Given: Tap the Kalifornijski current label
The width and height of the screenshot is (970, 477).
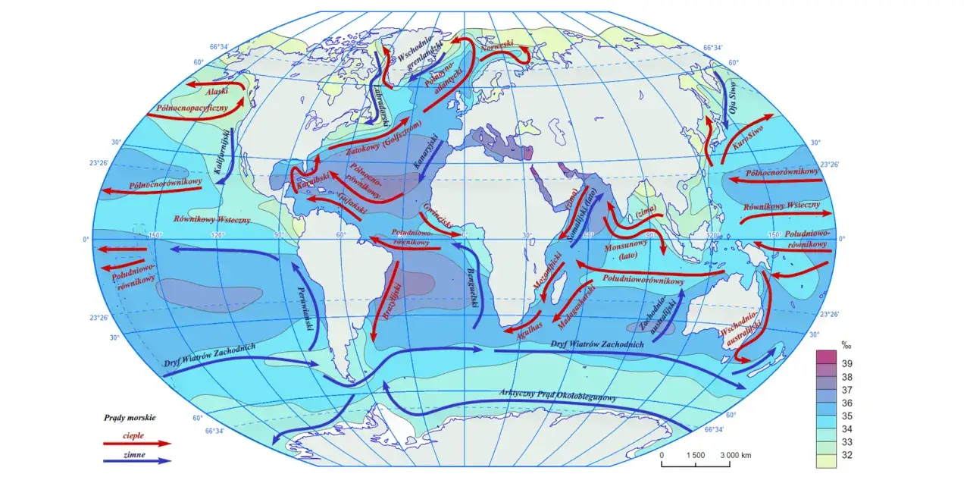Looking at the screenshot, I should click(x=224, y=152).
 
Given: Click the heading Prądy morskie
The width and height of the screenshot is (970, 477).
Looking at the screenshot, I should click(x=130, y=418).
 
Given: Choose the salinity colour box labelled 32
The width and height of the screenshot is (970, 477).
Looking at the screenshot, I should click(x=825, y=455).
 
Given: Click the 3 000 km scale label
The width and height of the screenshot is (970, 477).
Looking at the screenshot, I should click(x=735, y=455).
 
